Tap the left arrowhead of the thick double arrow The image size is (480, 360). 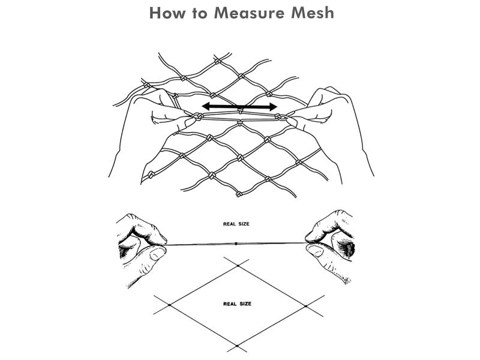pos(204,107)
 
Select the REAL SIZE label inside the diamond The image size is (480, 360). pos(238,304)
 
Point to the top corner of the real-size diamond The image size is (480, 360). pos(238,264)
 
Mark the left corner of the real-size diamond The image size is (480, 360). pos(170,305)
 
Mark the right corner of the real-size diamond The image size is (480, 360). pos(306,305)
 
